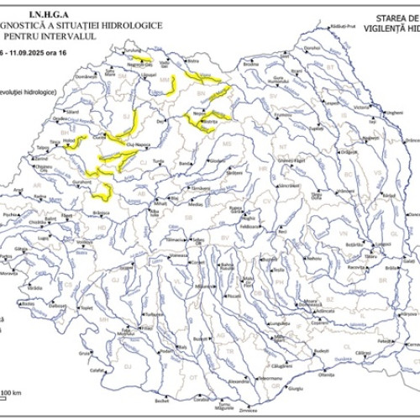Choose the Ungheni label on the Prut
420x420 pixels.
(x=392, y=112)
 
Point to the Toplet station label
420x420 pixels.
(x=85, y=307)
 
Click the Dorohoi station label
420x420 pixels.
(x=312, y=48)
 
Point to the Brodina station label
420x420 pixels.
(x=249, y=64)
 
